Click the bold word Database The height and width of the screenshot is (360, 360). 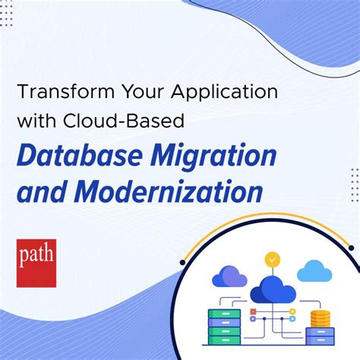72,156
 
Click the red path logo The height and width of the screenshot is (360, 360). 36,263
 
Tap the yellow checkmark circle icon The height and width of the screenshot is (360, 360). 272,259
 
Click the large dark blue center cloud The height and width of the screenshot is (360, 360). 272,288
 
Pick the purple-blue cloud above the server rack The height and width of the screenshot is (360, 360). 229,276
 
